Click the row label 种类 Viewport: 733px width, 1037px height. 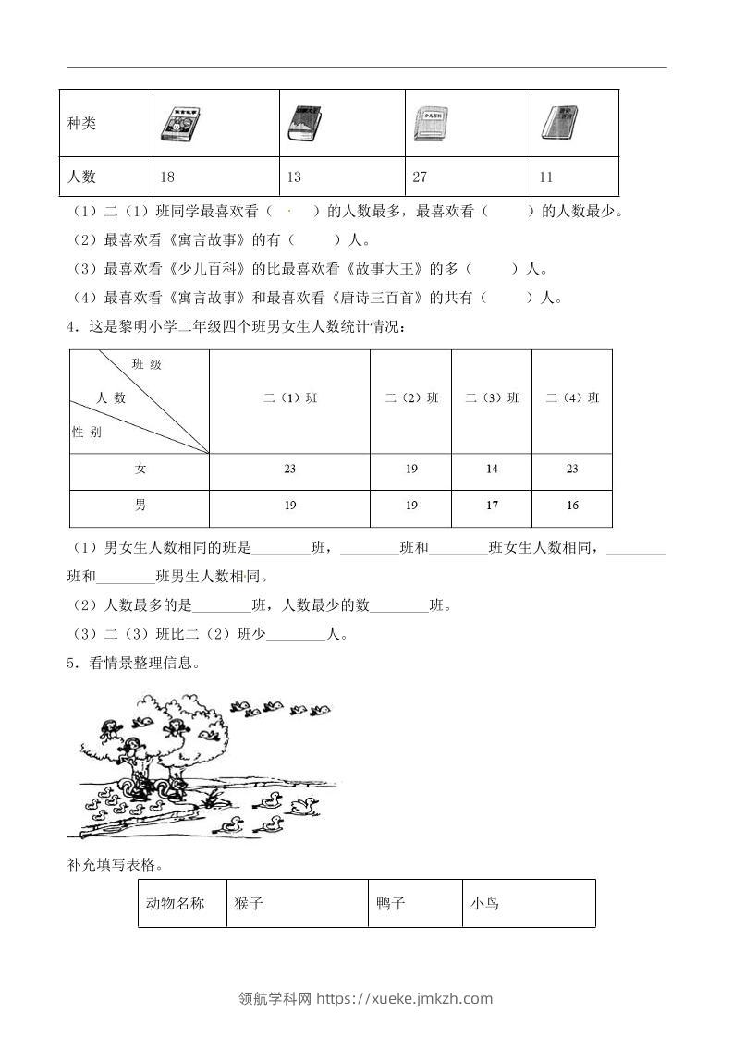(82, 123)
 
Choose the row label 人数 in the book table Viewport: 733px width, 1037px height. (82, 177)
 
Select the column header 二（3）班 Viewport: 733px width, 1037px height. (492, 398)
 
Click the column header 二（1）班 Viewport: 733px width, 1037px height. (289, 398)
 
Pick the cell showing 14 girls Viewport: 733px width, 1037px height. (492, 470)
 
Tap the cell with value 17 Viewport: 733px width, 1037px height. (492, 506)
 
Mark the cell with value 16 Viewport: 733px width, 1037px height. (572, 506)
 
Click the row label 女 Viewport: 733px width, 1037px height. (140, 470)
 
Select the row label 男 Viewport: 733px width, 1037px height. (140, 506)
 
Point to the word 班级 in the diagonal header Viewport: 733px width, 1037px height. (147, 365)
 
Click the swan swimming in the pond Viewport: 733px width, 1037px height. (303, 806)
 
